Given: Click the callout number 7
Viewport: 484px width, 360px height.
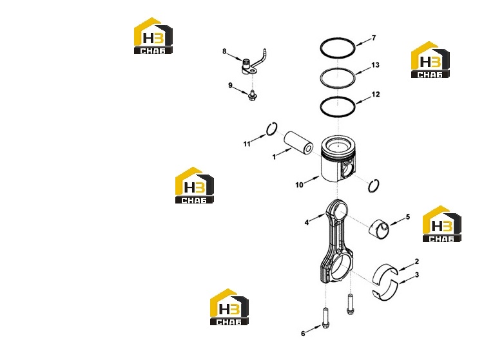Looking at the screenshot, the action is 374,37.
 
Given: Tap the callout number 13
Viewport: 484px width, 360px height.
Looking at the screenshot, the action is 375,65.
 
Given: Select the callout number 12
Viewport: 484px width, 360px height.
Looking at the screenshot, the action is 375,95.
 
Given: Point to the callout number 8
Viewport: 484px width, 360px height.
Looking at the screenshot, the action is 224,52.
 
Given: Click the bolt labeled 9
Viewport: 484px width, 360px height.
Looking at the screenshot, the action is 252,95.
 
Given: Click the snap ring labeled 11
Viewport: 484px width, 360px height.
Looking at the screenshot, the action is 272,129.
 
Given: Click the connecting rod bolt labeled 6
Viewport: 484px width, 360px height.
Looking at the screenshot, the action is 325,317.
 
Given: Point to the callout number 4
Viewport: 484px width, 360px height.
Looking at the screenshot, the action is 307,222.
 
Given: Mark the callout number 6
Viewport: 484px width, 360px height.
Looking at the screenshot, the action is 303,334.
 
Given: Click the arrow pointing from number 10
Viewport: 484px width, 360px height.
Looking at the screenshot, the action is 312,180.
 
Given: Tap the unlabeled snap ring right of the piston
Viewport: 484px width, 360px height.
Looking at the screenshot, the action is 374,185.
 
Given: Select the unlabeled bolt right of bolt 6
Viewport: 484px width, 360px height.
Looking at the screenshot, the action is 350,304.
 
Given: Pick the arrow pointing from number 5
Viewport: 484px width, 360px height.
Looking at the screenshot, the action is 398,221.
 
